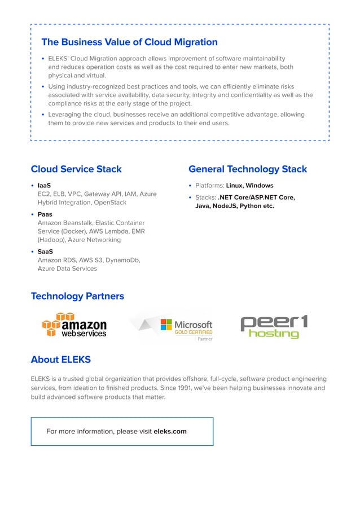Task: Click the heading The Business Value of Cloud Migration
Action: pyautogui.click(x=129, y=42)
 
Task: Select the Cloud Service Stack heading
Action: pyautogui.click(x=76, y=169)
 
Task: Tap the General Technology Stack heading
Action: pyautogui.click(x=248, y=169)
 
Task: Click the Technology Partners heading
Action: pyautogui.click(x=77, y=296)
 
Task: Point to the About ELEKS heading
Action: pyautogui.click(x=60, y=359)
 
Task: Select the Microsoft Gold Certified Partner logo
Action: pyautogui.click(x=186, y=328)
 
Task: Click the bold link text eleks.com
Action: pyautogui.click(x=170, y=432)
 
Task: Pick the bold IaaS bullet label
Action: pyautogui.click(x=44, y=185)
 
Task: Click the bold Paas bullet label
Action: pyautogui.click(x=45, y=214)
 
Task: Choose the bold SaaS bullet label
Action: pyautogui.click(x=45, y=251)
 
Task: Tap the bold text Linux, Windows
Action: pyautogui.click(x=249, y=186)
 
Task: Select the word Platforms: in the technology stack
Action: pyautogui.click(x=209, y=186)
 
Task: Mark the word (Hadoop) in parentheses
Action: pyautogui.click(x=51, y=240)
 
